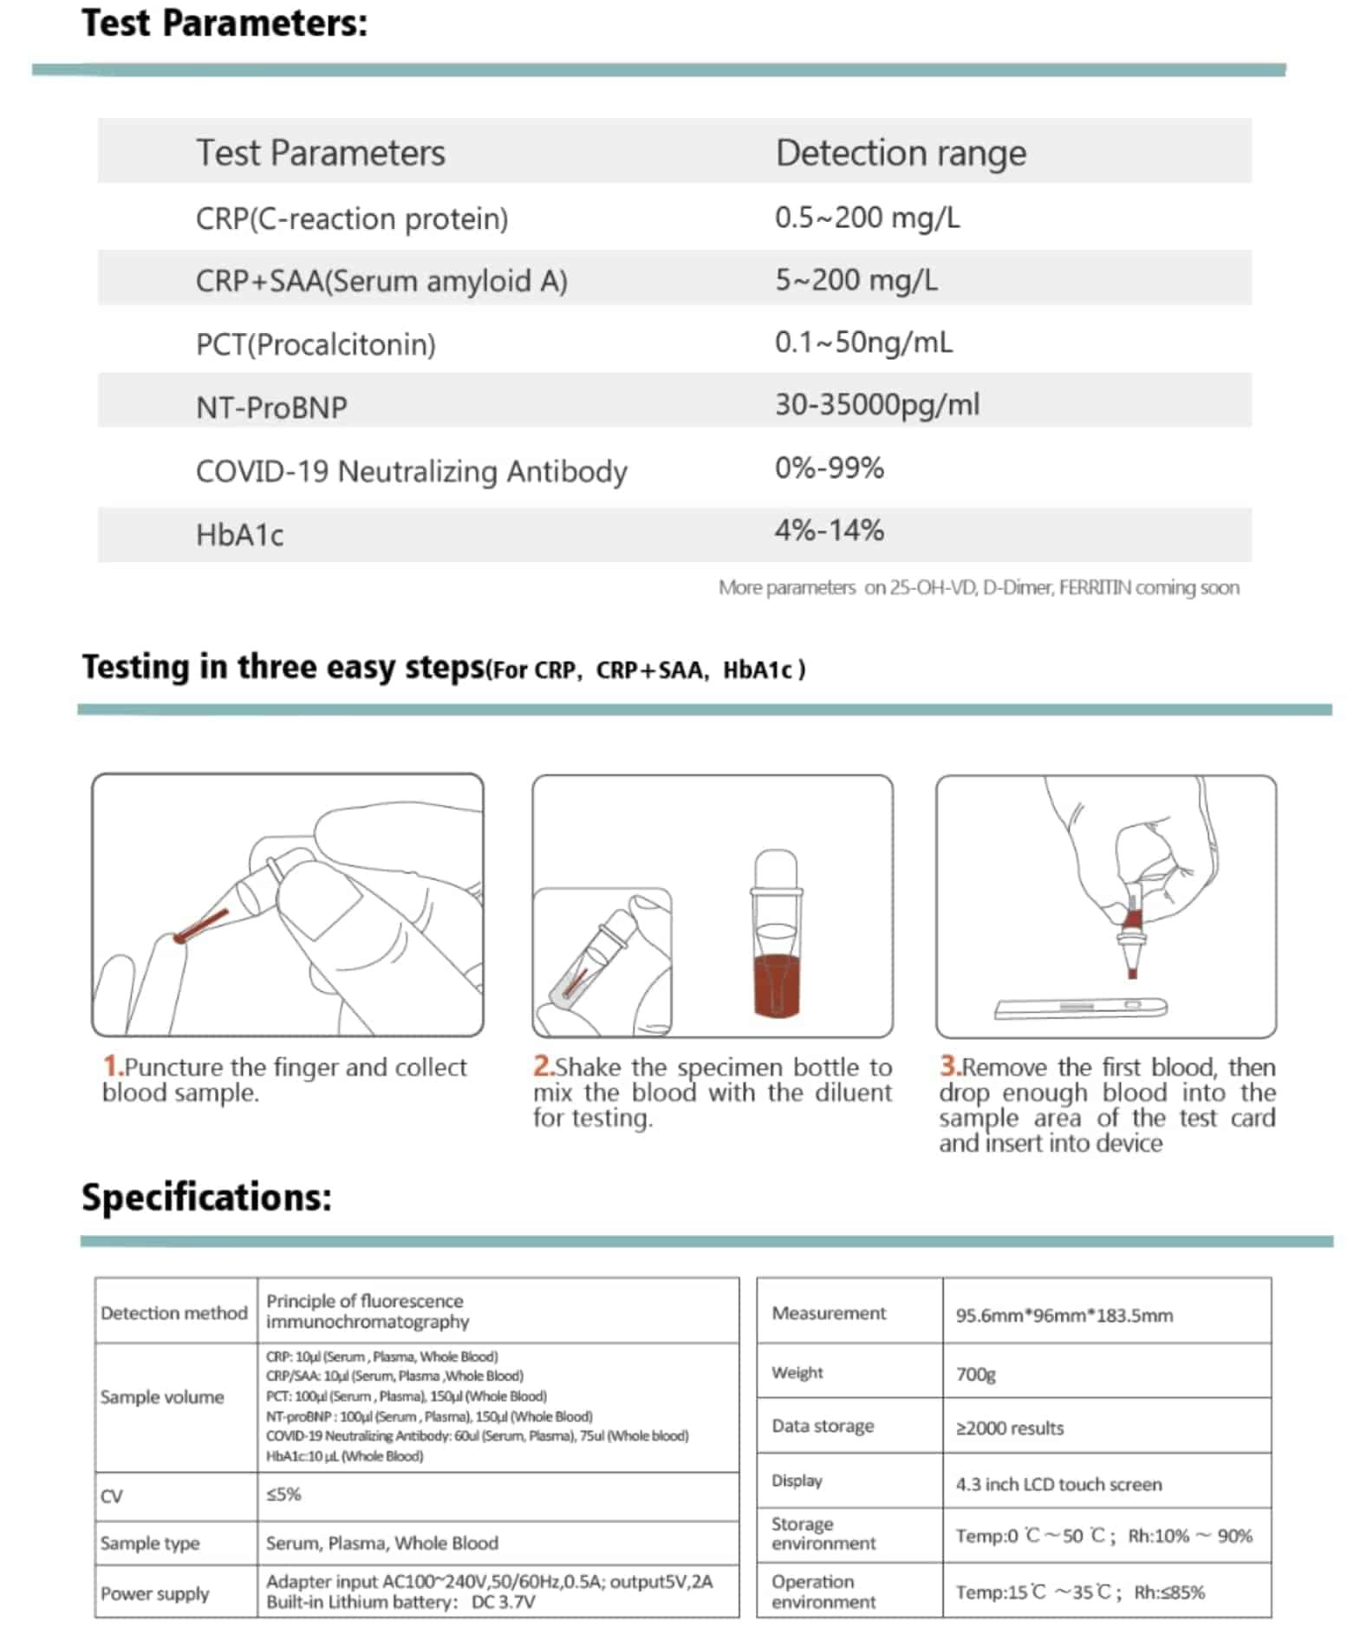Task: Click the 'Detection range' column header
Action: pos(900,154)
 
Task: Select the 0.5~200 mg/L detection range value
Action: pos(867,218)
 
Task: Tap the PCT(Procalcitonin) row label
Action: pos(316,344)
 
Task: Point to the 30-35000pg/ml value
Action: pos(876,405)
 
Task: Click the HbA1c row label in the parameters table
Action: pos(239,534)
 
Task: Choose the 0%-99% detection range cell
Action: pos(829,468)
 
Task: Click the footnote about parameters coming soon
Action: pos(978,588)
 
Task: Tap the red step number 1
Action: pos(111,1066)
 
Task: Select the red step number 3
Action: pos(948,1066)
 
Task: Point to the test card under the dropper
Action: pos(1080,1008)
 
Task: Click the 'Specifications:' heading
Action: pos(206,1198)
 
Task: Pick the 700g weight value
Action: pos(975,1375)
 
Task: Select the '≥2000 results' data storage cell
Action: pos(1009,1428)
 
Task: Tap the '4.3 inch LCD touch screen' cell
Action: pos(1057,1485)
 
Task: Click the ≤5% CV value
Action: pos(283,1494)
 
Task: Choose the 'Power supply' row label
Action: pos(155,1594)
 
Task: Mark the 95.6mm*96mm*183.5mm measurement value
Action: pos(1064,1316)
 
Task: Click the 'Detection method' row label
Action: pos(174,1313)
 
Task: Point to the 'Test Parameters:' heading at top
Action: pos(224,23)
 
